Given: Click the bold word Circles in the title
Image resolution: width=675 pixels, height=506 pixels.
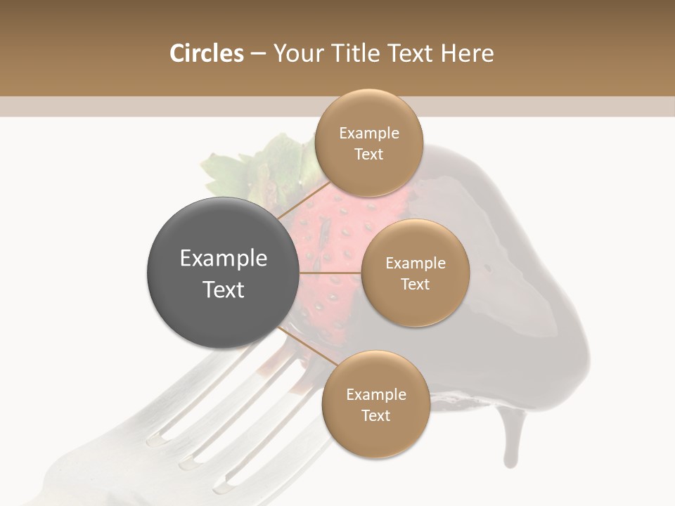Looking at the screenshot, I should pyautogui.click(x=206, y=53).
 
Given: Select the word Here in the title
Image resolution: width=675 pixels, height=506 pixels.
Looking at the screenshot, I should pyautogui.click(x=468, y=53).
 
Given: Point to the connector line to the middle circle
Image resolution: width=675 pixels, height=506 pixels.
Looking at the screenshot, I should pyautogui.click(x=330, y=273).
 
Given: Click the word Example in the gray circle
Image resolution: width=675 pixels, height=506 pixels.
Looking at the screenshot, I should pyautogui.click(x=224, y=259).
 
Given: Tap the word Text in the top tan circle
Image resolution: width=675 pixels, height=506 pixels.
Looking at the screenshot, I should pyautogui.click(x=369, y=155).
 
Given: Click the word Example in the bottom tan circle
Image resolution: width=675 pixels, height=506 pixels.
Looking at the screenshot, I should pyautogui.click(x=375, y=394).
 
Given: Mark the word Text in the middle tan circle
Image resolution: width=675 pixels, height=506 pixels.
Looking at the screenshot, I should pyautogui.click(x=415, y=285).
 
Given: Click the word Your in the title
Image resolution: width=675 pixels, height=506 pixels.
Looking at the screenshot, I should pyautogui.click(x=296, y=53).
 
